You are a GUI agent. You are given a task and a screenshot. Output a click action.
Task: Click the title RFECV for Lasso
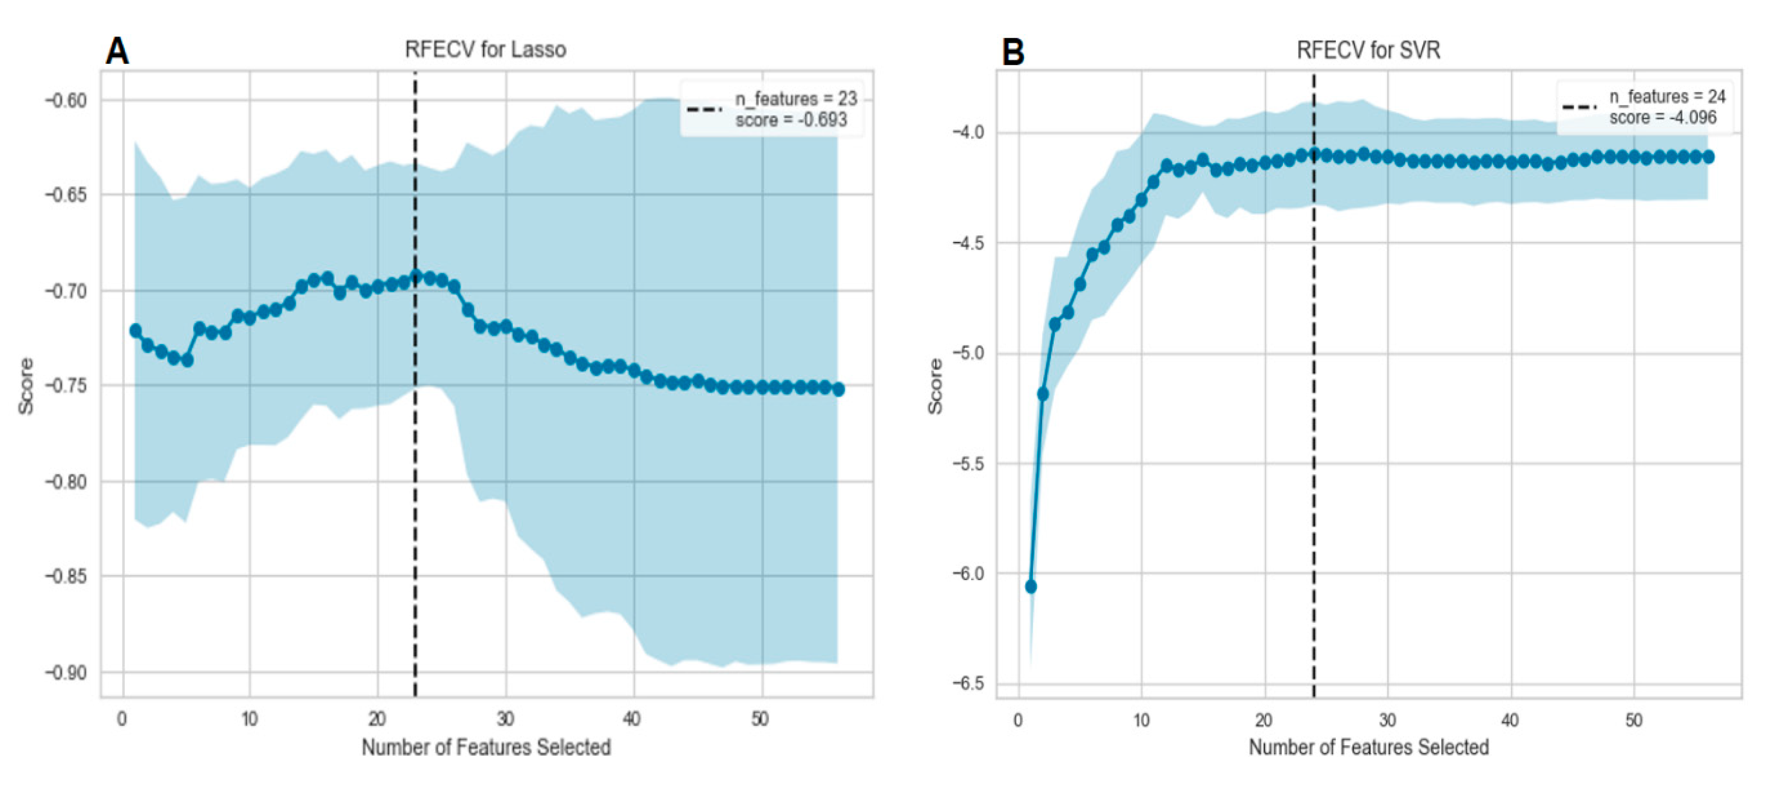(485, 50)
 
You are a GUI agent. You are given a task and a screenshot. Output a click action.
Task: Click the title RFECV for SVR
(1368, 50)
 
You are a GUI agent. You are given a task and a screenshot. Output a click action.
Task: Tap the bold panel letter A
(117, 52)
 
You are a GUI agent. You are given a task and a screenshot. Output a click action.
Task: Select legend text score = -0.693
(791, 120)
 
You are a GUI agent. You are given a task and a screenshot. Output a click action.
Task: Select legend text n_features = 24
(1667, 97)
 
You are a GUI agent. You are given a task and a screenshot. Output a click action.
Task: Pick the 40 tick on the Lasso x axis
(631, 719)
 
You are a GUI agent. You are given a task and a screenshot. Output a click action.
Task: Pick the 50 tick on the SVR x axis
(1633, 720)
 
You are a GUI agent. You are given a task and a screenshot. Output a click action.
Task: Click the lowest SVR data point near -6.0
(1031, 586)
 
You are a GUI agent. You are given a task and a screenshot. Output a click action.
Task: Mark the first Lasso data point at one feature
(135, 331)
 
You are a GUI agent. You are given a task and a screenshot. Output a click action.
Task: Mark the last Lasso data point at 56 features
(838, 389)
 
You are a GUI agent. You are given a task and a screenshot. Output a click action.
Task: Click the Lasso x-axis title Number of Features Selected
(486, 747)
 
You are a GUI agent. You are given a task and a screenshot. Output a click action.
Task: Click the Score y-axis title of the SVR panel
(935, 386)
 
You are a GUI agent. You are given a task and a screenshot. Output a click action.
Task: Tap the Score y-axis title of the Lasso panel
(26, 386)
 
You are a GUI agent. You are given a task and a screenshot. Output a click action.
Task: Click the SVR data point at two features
(1043, 394)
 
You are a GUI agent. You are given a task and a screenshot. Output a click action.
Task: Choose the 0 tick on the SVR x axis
(1018, 720)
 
